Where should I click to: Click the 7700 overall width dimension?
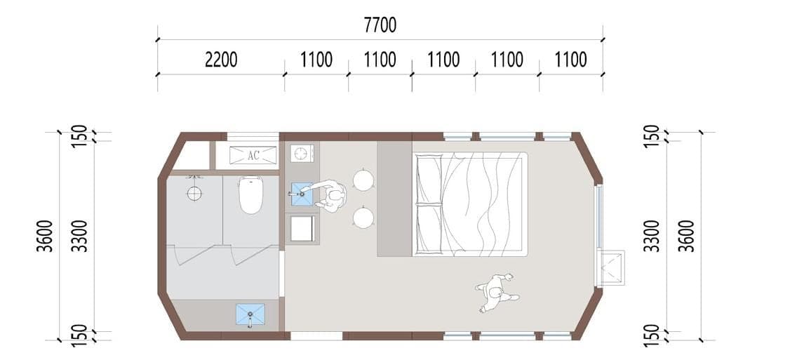tap(380, 25)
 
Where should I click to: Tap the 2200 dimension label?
tap(221, 60)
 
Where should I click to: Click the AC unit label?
tap(253, 155)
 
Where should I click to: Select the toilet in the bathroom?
tap(250, 194)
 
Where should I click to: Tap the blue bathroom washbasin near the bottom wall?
tap(250, 314)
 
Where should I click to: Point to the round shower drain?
tap(194, 193)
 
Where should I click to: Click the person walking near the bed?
tap(497, 293)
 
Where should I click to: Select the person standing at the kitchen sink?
tap(329, 196)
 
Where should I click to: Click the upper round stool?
tap(363, 180)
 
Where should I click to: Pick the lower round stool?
tap(363, 218)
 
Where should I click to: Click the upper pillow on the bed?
tap(429, 179)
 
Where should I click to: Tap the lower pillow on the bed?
tap(429, 227)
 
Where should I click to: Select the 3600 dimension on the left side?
tap(47, 236)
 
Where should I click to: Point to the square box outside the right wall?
tap(611, 268)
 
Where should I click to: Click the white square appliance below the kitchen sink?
tap(303, 228)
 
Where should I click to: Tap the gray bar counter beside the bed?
tap(394, 199)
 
